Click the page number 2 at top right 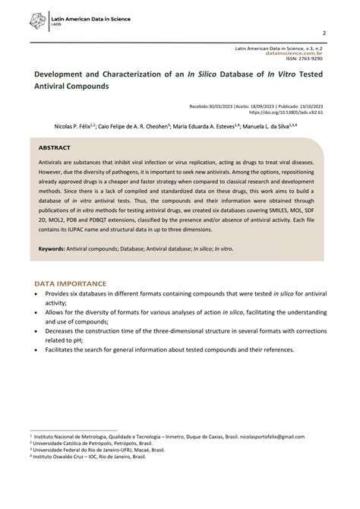click(x=324, y=33)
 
